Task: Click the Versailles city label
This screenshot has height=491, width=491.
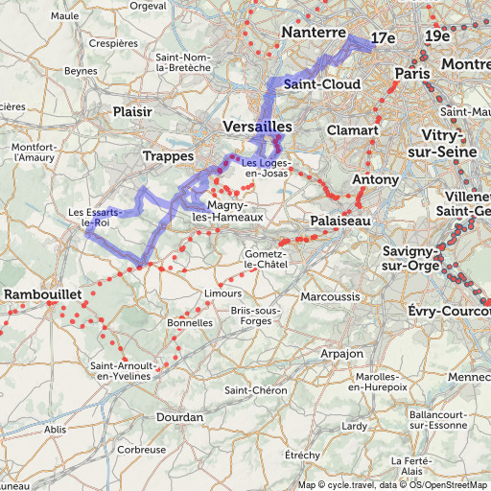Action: click(x=256, y=127)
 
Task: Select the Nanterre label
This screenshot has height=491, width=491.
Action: click(x=313, y=34)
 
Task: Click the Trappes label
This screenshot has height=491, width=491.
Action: click(x=168, y=155)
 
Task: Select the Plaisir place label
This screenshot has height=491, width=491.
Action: click(x=132, y=112)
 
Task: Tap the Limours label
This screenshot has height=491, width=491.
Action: click(x=222, y=293)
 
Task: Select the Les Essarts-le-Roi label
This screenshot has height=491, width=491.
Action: click(x=94, y=217)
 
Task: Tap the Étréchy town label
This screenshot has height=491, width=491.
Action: click(x=302, y=454)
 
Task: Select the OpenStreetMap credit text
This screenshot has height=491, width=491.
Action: click(x=450, y=484)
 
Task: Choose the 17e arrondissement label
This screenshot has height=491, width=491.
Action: click(x=383, y=38)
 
